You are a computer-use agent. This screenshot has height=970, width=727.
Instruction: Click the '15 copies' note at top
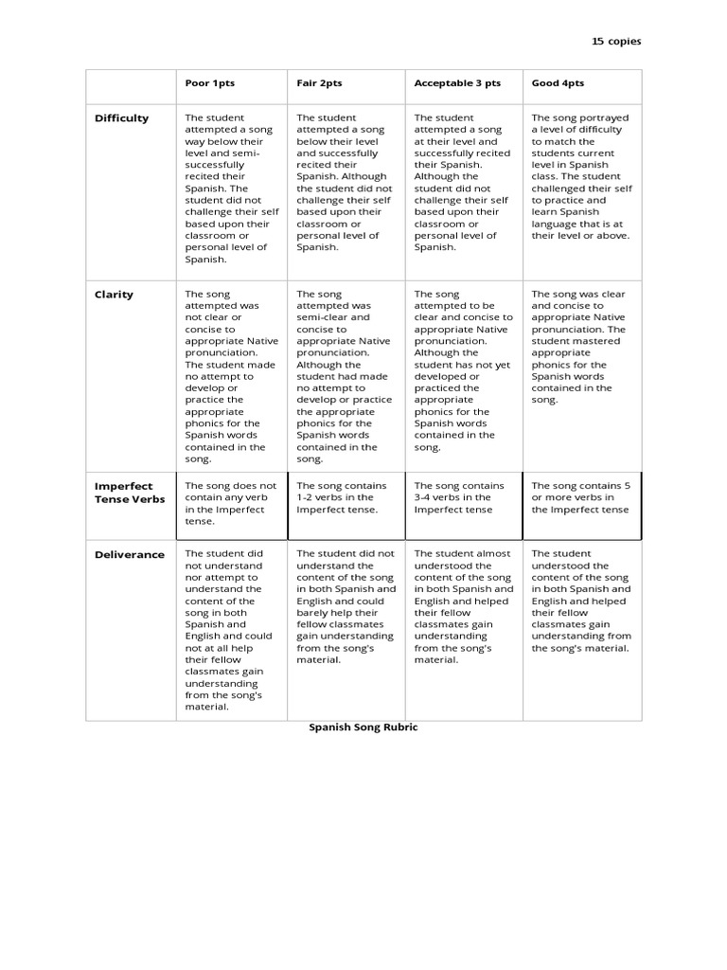616,42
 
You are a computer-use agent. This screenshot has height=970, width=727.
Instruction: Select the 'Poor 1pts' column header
209,83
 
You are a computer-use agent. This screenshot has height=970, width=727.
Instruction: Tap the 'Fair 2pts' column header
319,83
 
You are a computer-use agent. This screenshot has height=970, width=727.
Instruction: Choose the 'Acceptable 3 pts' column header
457,83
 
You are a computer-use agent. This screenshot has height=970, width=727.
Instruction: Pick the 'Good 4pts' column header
558,83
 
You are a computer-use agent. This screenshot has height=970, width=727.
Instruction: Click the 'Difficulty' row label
121,118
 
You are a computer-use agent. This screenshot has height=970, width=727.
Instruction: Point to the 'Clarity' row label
114,295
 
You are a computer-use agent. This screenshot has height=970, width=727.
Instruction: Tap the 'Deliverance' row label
130,554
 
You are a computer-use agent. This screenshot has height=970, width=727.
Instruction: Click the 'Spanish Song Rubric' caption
363,727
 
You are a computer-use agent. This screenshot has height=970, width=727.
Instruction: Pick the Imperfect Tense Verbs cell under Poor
231,503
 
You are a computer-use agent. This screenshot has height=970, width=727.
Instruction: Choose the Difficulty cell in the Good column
581,176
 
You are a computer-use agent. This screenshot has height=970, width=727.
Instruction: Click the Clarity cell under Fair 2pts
344,376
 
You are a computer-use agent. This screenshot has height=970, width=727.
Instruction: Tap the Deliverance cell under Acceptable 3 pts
462,606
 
